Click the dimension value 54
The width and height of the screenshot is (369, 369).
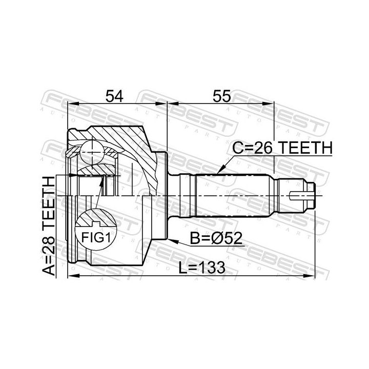click(x=114, y=96)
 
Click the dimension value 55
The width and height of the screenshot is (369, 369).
click(x=222, y=96)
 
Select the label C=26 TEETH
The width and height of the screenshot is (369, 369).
click(x=282, y=148)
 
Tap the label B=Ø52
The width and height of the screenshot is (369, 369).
click(x=216, y=238)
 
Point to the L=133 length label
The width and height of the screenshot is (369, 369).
click(x=202, y=268)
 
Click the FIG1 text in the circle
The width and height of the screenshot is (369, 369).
click(x=96, y=237)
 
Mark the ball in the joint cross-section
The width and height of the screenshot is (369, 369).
click(x=92, y=153)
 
